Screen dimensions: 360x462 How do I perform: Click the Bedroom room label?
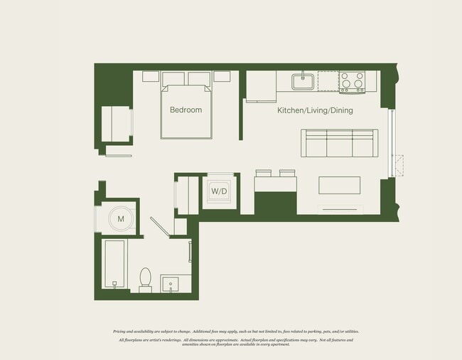pyautogui.click(x=186, y=110)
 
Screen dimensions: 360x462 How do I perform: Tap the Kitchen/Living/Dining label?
pyautogui.click(x=314, y=110)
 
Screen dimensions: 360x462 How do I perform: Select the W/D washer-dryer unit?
pyautogui.click(x=218, y=191)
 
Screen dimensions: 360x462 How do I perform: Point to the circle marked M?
pyautogui.click(x=120, y=219)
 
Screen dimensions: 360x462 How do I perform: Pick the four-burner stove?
pyautogui.click(x=351, y=82)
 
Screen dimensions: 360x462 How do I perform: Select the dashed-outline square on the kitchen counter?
pyautogui.click(x=328, y=81)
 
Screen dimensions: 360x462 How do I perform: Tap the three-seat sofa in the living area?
pyautogui.click(x=339, y=143)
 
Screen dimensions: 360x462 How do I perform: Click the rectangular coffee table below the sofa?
pyautogui.click(x=339, y=185)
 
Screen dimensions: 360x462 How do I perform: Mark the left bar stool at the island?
pyautogui.click(x=263, y=173)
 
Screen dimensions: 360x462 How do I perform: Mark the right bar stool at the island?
pyautogui.click(x=287, y=173)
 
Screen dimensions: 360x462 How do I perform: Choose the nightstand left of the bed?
pyautogui.click(x=151, y=77)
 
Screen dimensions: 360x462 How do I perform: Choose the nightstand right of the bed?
pyautogui.click(x=221, y=77)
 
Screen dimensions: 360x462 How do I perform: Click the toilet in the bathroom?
pyautogui.click(x=146, y=279)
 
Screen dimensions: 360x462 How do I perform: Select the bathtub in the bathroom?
pyautogui.click(x=114, y=263)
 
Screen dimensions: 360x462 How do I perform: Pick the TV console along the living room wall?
pyautogui.click(x=339, y=208)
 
